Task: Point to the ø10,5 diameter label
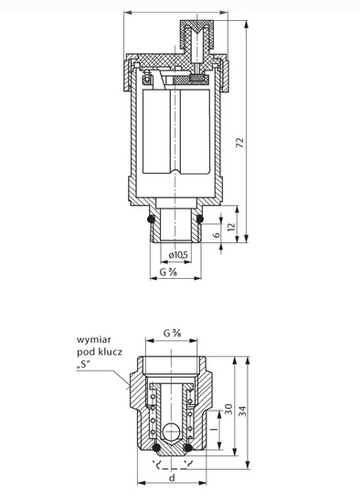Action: [x=179, y=254]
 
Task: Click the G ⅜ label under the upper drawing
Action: [x=170, y=272]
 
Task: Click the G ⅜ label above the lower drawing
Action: [x=172, y=334]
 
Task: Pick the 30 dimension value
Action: [x=229, y=407]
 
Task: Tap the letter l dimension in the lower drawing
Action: [x=211, y=427]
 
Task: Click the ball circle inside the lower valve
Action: [x=171, y=433]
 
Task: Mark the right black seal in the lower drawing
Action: [x=188, y=448]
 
